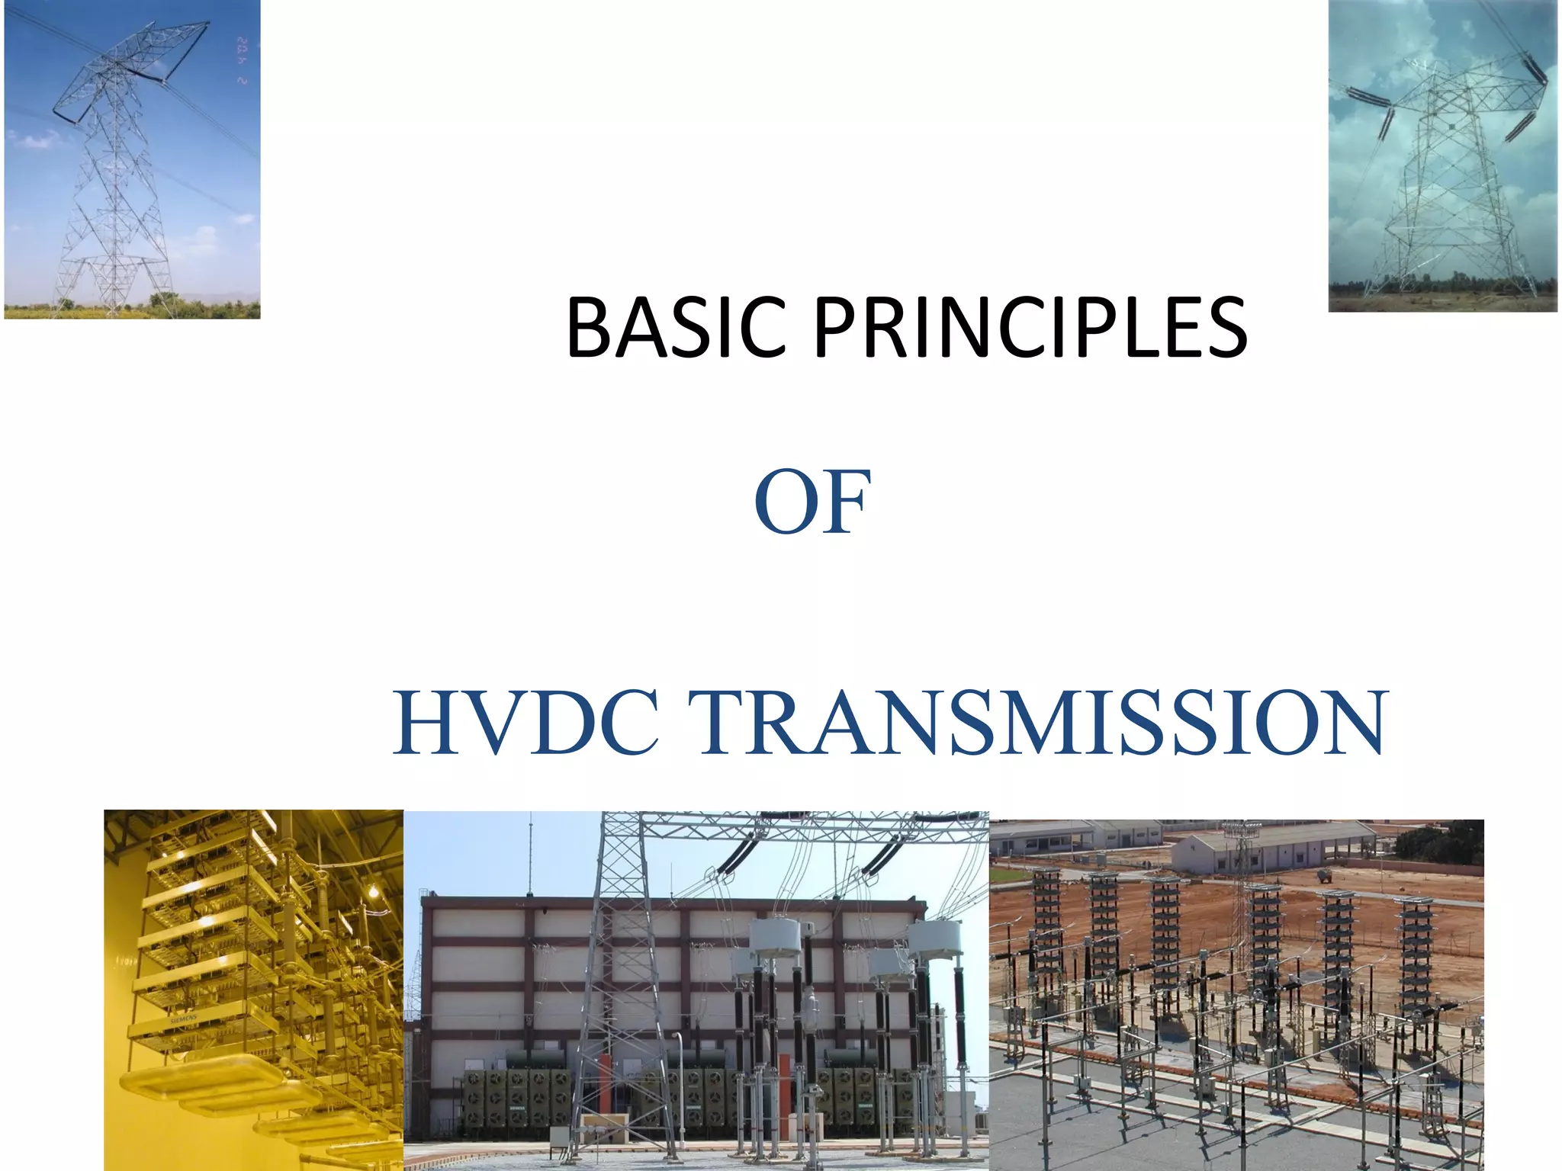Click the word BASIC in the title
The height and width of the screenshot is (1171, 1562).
(676, 329)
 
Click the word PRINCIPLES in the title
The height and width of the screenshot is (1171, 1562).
(1030, 329)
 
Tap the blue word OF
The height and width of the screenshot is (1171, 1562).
(812, 503)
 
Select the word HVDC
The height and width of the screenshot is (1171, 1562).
(526, 722)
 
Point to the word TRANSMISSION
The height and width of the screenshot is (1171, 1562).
(1042, 722)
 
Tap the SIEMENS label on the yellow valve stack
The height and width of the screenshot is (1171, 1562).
(183, 1019)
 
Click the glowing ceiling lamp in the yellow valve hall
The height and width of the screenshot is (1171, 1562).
(374, 890)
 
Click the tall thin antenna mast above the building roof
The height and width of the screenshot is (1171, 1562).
(530, 854)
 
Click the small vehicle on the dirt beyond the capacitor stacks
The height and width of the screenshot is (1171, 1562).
(1331, 875)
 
